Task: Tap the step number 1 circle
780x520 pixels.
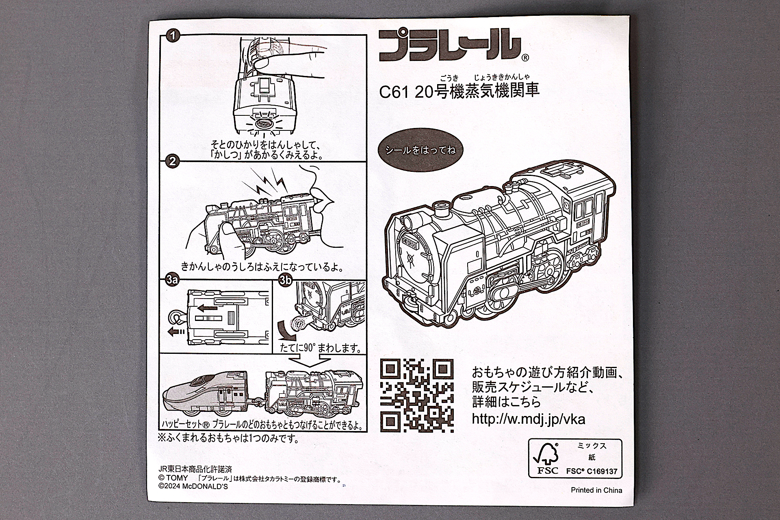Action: (x=173, y=36)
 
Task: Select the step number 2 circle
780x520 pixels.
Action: (x=173, y=161)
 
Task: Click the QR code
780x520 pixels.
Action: (x=417, y=396)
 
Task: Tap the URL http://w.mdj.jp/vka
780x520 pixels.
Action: (x=528, y=419)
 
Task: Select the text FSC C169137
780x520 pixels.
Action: (x=591, y=472)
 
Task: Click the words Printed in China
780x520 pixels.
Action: (x=596, y=490)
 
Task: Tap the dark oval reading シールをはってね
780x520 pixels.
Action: (x=420, y=150)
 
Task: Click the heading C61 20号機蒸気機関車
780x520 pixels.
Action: (x=459, y=91)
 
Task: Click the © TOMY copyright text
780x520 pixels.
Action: (x=173, y=479)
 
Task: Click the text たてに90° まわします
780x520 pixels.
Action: (x=320, y=348)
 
